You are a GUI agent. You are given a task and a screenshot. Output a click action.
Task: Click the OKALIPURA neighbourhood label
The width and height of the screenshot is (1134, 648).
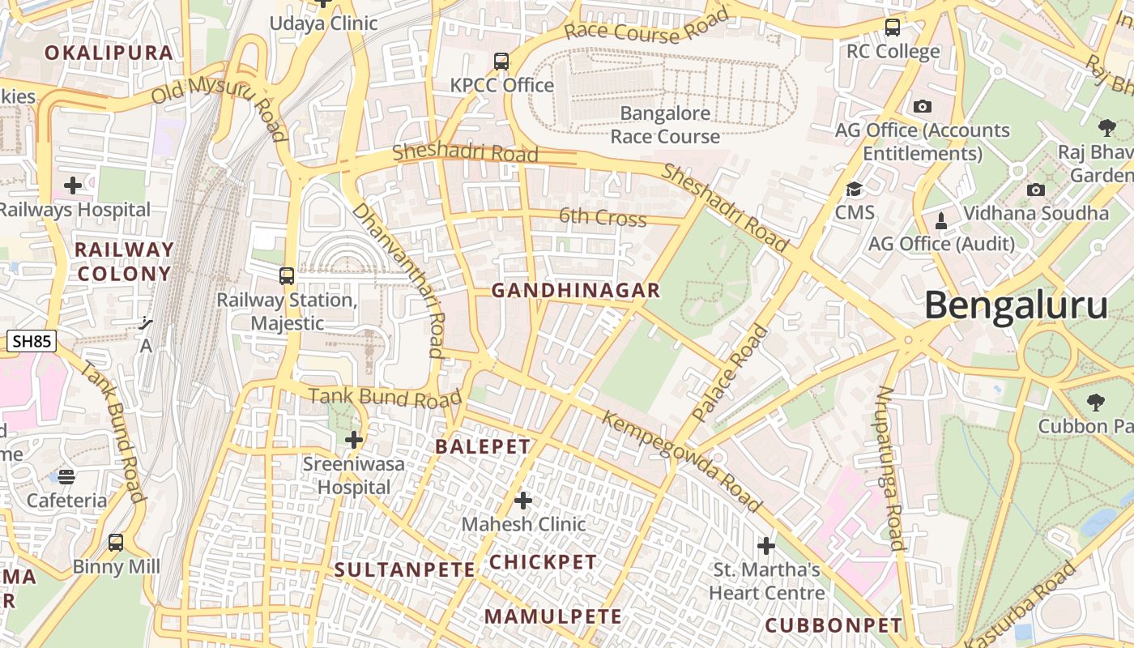tap(109, 53)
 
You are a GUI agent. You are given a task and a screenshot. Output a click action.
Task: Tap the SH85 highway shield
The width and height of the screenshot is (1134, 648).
tap(32, 341)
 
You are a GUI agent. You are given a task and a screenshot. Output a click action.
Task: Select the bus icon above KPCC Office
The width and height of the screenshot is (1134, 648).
tap(501, 61)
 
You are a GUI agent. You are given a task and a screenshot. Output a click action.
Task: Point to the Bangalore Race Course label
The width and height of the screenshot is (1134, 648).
tap(665, 125)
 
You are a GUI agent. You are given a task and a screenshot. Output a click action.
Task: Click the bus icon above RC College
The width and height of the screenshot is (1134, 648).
tap(893, 28)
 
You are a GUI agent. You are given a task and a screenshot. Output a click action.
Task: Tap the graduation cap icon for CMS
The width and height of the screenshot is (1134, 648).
tap(854, 190)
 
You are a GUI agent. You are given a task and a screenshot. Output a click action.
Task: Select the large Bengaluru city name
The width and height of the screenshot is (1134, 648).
tap(1016, 306)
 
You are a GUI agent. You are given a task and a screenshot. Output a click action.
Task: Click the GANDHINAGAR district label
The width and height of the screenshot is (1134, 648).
tap(576, 290)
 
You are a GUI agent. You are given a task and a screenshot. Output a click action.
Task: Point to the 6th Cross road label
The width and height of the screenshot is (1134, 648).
tap(603, 218)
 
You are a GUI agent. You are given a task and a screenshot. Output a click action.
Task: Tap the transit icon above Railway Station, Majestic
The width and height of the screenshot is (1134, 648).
tap(287, 276)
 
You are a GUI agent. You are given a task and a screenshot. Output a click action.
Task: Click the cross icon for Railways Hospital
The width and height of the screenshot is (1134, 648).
tap(73, 185)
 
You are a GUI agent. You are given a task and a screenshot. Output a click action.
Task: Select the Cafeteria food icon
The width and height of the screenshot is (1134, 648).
tap(66, 476)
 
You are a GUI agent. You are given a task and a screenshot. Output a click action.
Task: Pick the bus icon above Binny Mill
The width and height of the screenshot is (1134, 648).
tap(116, 542)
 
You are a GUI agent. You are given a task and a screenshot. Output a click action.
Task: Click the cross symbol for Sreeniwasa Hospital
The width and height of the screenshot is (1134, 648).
tap(354, 440)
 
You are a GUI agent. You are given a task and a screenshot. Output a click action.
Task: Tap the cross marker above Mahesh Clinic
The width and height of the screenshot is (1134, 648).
tap(523, 501)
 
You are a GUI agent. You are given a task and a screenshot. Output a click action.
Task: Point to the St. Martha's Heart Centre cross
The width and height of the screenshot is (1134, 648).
tap(765, 545)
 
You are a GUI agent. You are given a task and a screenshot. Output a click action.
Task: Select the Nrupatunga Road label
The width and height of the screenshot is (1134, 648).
tap(889, 468)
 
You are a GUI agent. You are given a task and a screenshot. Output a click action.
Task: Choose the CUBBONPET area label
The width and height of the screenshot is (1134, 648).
tap(833, 625)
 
